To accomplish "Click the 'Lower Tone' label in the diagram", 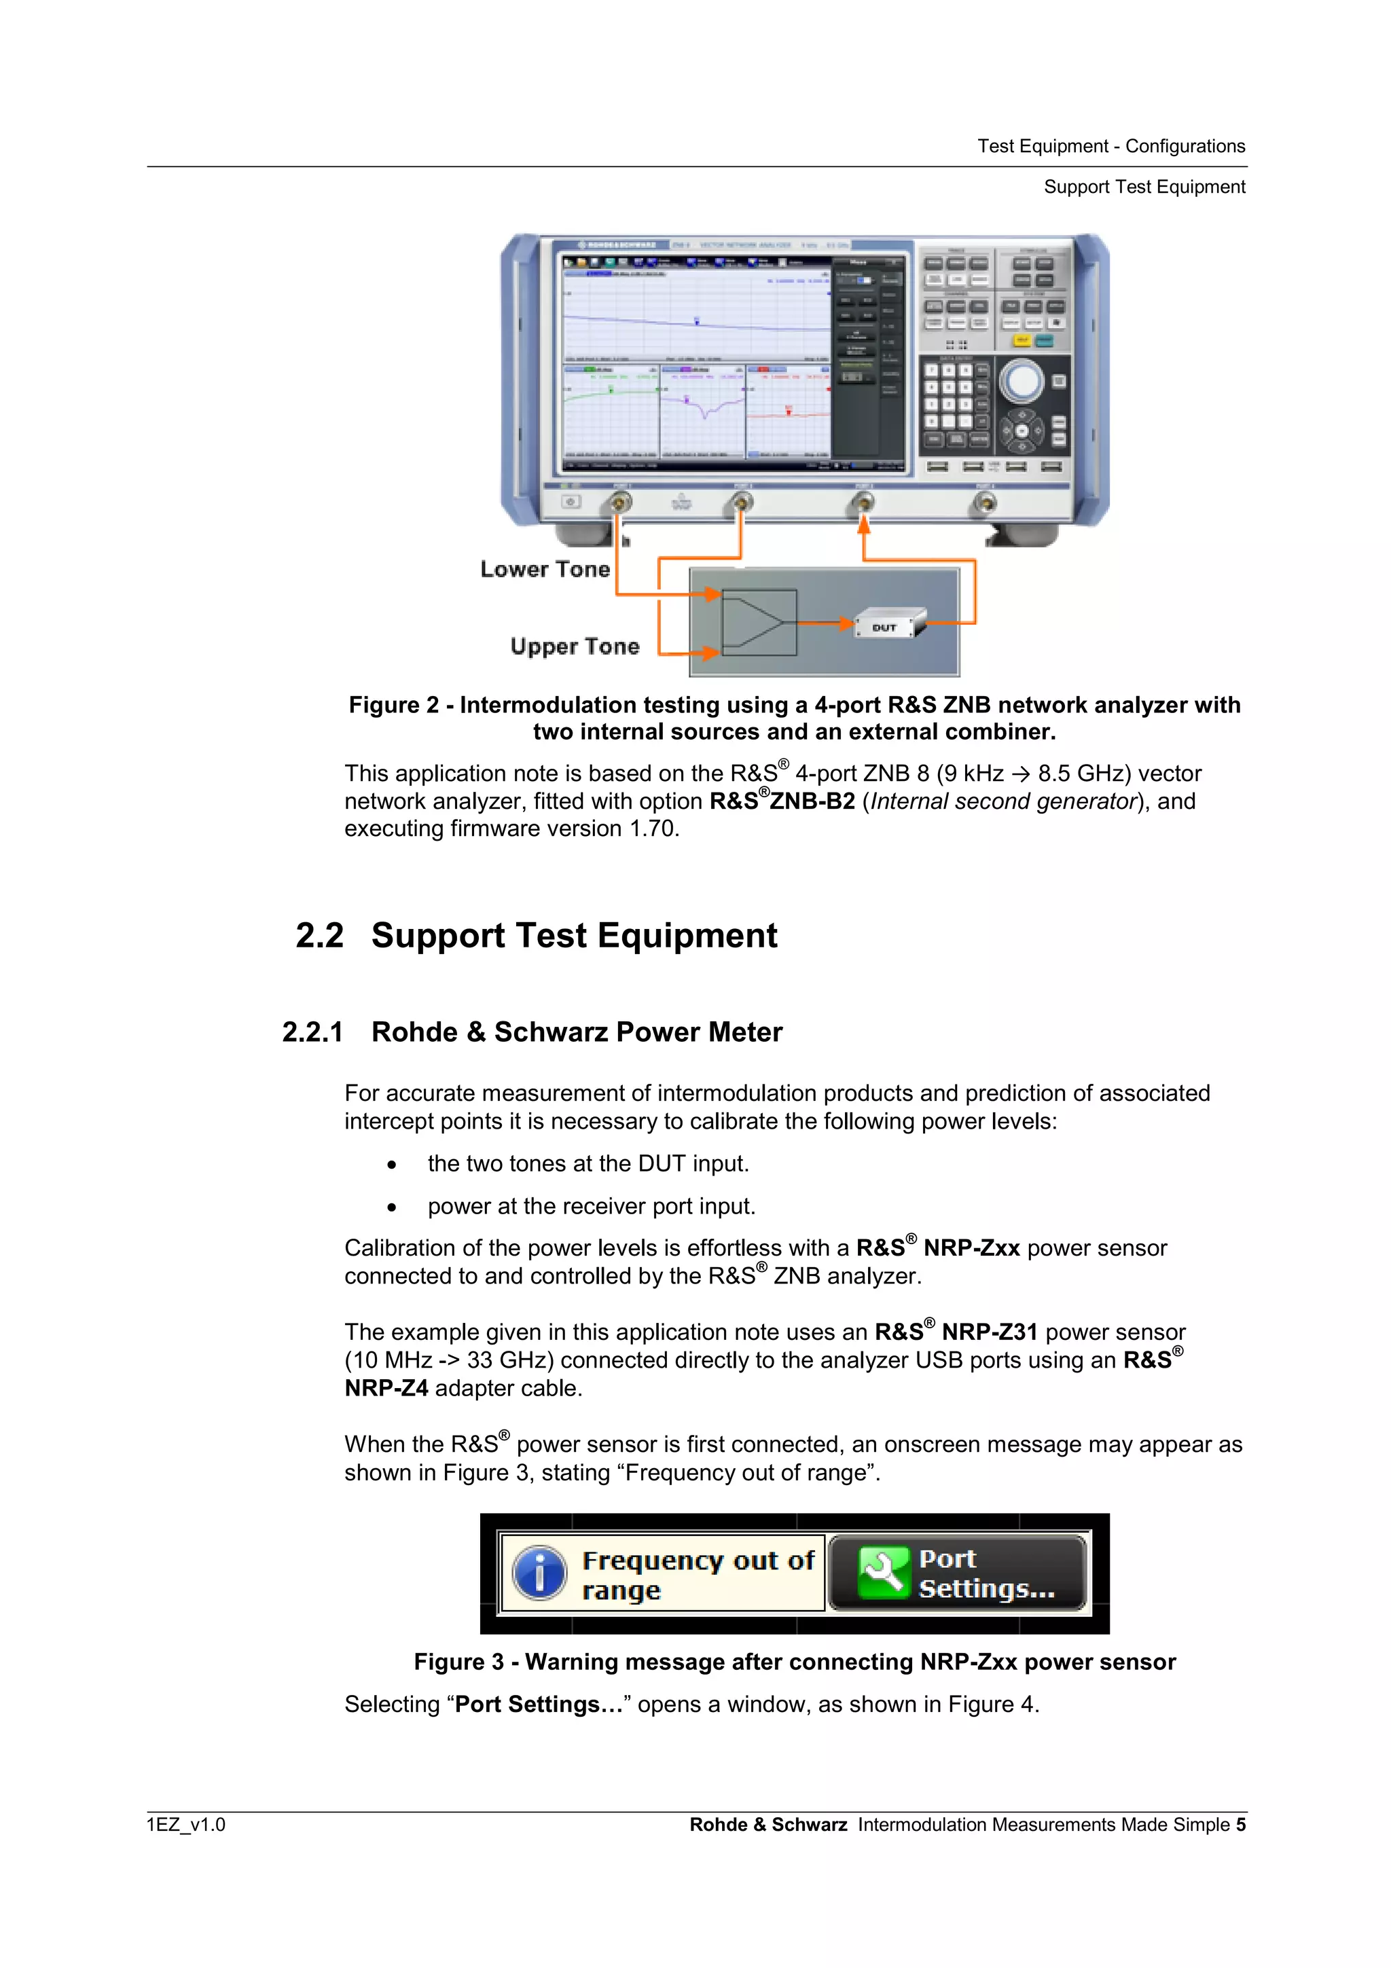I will (x=545, y=569).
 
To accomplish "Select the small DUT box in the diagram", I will (x=888, y=625).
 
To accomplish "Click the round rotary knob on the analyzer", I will (x=1021, y=382).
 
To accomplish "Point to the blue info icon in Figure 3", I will (x=539, y=1573).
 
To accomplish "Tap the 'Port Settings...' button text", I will (x=986, y=1573).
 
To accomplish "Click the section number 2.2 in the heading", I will (x=320, y=935).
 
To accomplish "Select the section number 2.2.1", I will (x=313, y=1032).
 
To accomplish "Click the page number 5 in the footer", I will (x=1240, y=1824).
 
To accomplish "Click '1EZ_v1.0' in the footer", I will (x=186, y=1824).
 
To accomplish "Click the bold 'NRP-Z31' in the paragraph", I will (x=989, y=1332).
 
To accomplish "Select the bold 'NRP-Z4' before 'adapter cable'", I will (x=386, y=1387).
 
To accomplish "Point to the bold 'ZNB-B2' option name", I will (x=812, y=801).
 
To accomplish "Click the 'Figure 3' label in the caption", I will (x=458, y=1662).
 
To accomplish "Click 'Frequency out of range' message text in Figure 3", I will (x=697, y=1573).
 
